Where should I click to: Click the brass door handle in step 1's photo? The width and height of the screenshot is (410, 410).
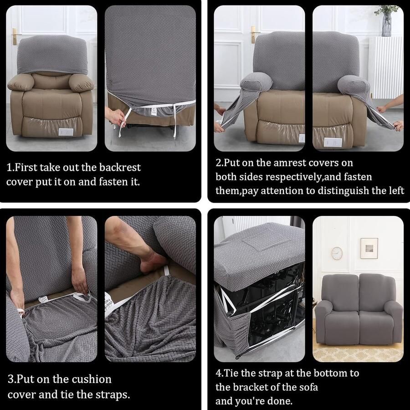coord(15,36)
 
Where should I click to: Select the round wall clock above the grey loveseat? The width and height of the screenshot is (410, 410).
coord(337,253)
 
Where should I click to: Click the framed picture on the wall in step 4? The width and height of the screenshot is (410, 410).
coord(369,248)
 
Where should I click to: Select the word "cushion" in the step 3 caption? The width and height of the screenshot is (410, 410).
coord(88,379)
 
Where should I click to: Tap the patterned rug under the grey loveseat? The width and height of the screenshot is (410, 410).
coord(358,353)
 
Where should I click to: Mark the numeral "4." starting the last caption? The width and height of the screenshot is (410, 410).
coord(220,374)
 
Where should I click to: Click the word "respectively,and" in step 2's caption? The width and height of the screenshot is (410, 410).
coord(303,177)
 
